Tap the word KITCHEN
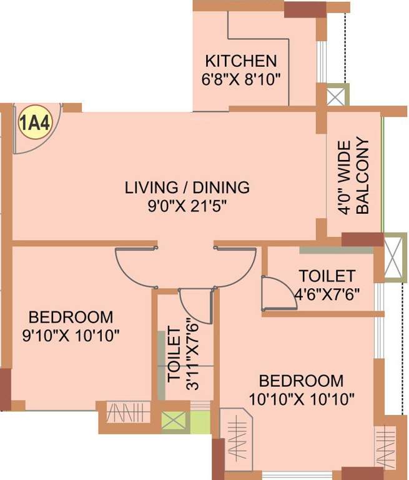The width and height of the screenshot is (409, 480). [x=241, y=61]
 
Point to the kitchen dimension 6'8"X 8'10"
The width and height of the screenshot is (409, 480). [x=241, y=79]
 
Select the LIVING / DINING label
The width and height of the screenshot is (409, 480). [x=187, y=187]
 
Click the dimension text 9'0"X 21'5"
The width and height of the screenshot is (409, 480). [x=187, y=206]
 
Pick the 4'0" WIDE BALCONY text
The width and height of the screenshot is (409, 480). [x=353, y=177]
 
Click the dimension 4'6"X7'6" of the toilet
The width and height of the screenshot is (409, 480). [x=327, y=293]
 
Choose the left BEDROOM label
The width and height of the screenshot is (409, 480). [x=71, y=316]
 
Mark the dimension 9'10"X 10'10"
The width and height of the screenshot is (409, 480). [x=71, y=334]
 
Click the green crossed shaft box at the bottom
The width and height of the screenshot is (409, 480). [x=174, y=420]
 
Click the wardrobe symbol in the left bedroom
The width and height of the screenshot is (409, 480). [x=127, y=412]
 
